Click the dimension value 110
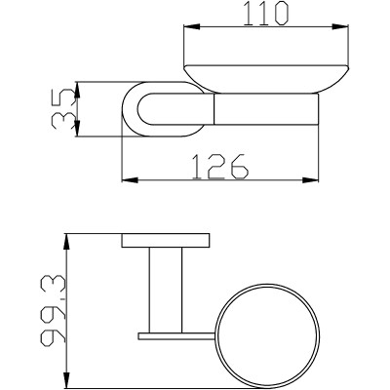point(266,14)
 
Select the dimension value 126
point(220,167)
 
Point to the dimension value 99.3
point(54,309)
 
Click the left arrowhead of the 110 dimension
point(192,27)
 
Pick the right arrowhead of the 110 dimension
point(340,27)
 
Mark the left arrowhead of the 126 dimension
point(130,179)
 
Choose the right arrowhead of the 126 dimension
point(311,179)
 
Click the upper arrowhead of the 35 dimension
point(77,90)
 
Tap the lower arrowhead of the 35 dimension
point(77,129)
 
